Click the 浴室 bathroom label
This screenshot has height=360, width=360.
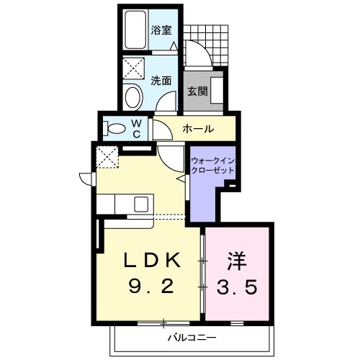point(161,30)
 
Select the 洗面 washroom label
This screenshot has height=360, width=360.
point(161,81)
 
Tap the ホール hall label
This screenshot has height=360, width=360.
point(197,130)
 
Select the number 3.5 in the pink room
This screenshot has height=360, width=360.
point(238,287)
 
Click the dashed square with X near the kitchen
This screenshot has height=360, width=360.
point(108,156)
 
